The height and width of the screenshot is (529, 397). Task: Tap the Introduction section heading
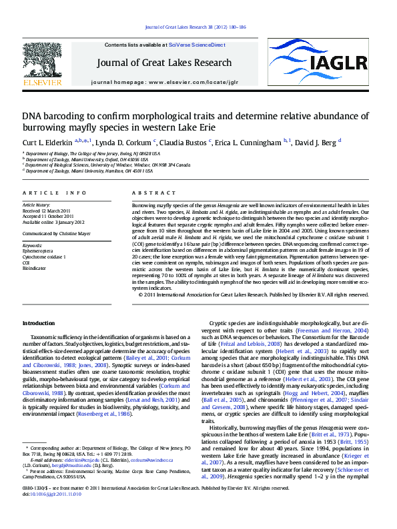tap(40, 323)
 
